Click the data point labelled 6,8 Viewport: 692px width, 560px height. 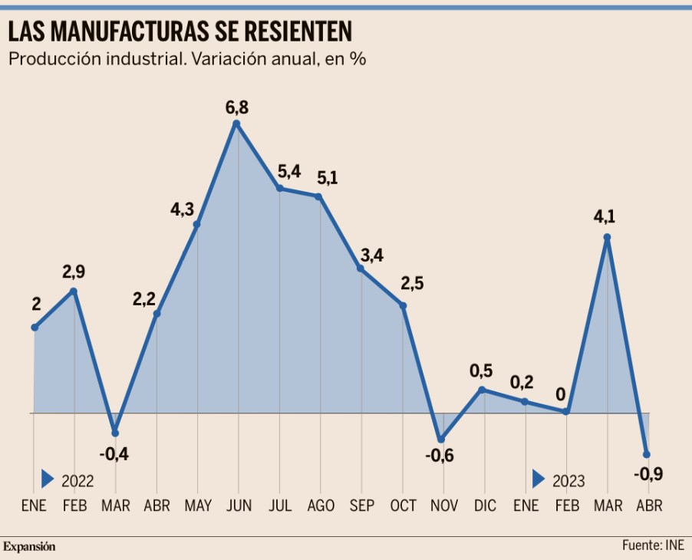(237, 123)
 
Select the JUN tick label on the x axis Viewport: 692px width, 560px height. (239, 506)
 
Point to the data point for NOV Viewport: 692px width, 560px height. (440, 440)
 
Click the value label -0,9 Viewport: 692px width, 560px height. (648, 474)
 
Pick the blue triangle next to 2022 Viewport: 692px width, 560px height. (48, 479)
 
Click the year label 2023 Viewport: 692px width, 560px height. (568, 481)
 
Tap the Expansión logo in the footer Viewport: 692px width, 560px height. (30, 547)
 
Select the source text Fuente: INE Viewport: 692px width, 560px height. (653, 545)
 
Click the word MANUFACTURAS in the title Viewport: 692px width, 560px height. (139, 31)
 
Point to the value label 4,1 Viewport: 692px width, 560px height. (605, 218)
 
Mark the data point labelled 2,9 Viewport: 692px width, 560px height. (74, 291)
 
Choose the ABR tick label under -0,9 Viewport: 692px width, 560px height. (648, 506)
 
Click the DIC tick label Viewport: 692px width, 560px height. (485, 506)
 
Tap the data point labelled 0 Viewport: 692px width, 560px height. (566, 411)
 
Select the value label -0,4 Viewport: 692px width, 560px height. (115, 454)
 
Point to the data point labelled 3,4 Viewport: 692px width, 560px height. (361, 268)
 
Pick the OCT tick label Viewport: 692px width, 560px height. (403, 506)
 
